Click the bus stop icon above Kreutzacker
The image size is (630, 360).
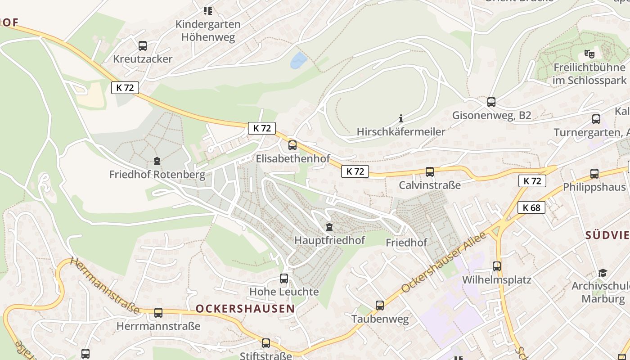pos(143,45)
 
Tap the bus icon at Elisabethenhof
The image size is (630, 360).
pos(292,145)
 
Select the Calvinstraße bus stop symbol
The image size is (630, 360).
pos(430,171)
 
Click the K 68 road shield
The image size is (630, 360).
pos(531,207)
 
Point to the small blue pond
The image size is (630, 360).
pos(298,60)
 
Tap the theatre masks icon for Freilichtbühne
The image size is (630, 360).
pos(589,54)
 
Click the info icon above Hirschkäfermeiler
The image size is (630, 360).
pos(401,119)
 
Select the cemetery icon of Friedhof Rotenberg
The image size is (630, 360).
pos(157,161)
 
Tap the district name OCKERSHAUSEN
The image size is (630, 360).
pos(245,309)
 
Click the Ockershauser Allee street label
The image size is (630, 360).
pos(444,262)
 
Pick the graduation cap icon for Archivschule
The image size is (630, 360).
pos(603,273)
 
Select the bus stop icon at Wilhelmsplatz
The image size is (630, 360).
pos(497,266)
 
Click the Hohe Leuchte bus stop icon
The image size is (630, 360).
pos(284,278)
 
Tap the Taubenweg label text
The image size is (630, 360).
pos(380,319)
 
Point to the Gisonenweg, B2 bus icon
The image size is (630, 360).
pos(491,102)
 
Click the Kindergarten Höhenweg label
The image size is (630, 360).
pos(208,30)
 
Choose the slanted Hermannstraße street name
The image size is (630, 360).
pos(104,286)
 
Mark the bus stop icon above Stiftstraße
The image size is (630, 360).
pos(266,343)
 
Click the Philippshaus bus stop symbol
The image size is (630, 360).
pos(594,174)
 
